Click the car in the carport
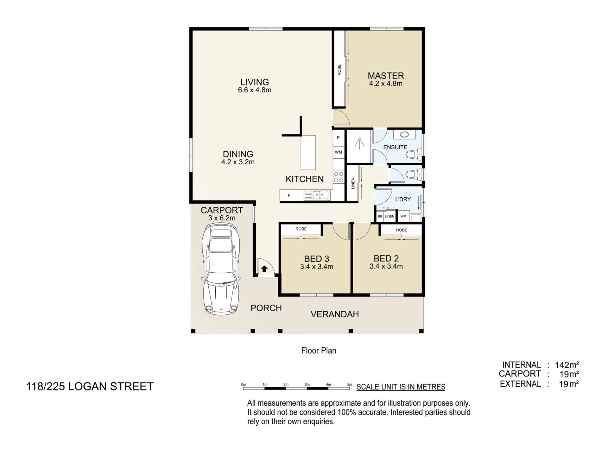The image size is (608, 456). pos(221,269)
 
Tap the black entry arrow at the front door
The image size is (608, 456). pos(264,269)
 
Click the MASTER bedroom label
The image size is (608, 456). pos(386,76)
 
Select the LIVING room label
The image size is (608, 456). pos(255,82)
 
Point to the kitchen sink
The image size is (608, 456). pos(317,195)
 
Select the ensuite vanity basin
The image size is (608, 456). pos(404,134)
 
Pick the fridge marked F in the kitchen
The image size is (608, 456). pos(289,196)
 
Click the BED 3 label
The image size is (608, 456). pos(317,259)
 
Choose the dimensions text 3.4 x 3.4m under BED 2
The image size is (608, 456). pos(386,266)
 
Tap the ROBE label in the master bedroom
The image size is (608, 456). pos(339,70)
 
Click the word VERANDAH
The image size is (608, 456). pos(335,314)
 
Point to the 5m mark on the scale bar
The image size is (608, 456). pos(350,385)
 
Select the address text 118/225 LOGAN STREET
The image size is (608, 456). pos(90,387)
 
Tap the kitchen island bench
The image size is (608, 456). pos(308,153)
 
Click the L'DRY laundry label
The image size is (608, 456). pos(403,199)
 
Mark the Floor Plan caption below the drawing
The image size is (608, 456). pos(319,351)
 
